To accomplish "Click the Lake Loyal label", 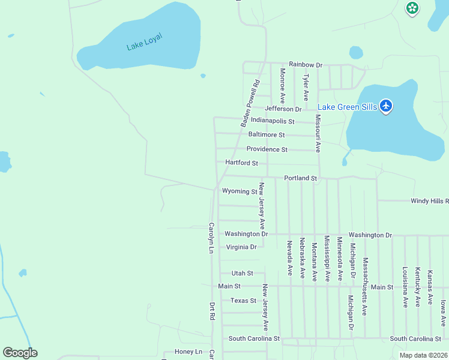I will (x=144, y=41).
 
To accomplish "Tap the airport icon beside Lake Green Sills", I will (x=386, y=107).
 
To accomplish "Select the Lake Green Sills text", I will (x=347, y=107).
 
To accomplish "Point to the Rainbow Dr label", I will (x=305, y=64).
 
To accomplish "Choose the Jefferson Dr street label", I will (x=282, y=109).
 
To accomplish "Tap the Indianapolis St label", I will (x=273, y=121).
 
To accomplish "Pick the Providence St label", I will (x=267, y=149).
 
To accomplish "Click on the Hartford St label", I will (x=241, y=163).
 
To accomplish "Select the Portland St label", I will (x=300, y=178).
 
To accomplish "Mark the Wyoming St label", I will (x=240, y=191).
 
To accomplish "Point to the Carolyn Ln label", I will (x=211, y=238).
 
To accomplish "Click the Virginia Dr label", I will (x=241, y=247).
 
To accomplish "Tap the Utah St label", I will (x=243, y=273).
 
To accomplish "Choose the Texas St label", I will (x=243, y=301).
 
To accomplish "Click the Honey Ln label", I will (x=188, y=352).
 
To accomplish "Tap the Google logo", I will (x=20, y=353).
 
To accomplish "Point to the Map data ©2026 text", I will (x=423, y=355).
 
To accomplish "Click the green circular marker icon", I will (x=412, y=8).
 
